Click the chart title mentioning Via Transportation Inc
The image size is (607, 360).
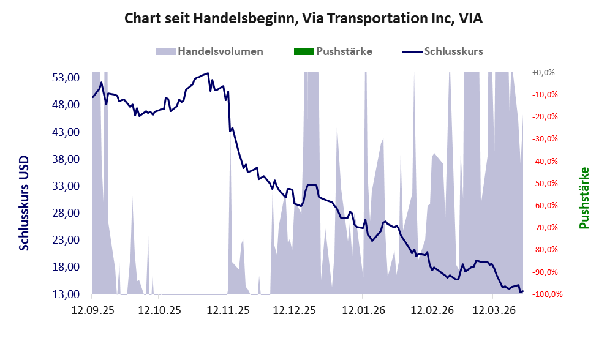point(303,18)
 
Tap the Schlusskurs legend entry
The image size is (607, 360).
point(453,51)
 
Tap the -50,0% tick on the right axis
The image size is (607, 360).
point(543,183)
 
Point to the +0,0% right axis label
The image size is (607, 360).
point(543,72)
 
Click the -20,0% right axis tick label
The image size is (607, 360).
point(543,116)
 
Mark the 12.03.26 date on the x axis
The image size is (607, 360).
point(494,310)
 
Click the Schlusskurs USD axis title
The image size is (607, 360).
point(25,203)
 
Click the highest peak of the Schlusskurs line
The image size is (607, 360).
point(208,73)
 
